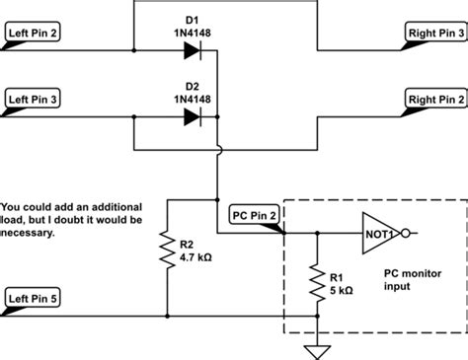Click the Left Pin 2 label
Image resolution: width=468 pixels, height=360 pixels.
pyautogui.click(x=35, y=33)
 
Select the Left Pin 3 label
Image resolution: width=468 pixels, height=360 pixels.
pyautogui.click(x=35, y=100)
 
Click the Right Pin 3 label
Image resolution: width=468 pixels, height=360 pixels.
pyautogui.click(x=434, y=33)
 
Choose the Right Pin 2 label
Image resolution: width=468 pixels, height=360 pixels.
pyautogui.click(x=434, y=100)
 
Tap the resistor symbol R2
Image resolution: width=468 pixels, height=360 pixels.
pyautogui.click(x=168, y=252)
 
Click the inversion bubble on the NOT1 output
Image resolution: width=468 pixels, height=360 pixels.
pyautogui.click(x=407, y=234)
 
